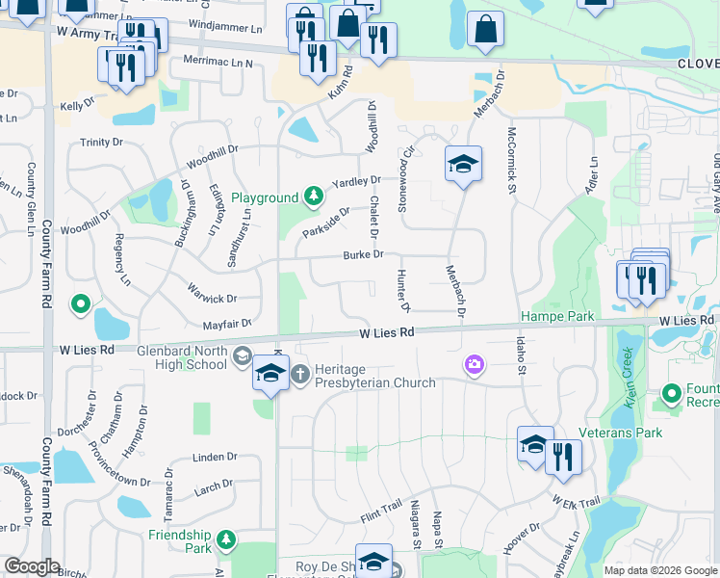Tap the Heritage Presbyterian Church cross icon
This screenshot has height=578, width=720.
[x=299, y=373]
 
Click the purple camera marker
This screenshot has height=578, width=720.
[x=474, y=363]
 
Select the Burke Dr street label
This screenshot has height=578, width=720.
[x=364, y=254]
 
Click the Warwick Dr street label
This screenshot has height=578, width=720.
[x=213, y=300]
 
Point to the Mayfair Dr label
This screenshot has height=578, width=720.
[x=226, y=324]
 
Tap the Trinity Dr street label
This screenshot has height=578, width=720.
[x=102, y=142]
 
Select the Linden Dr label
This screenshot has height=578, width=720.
[x=215, y=457]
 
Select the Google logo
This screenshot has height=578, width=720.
[x=32, y=566]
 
